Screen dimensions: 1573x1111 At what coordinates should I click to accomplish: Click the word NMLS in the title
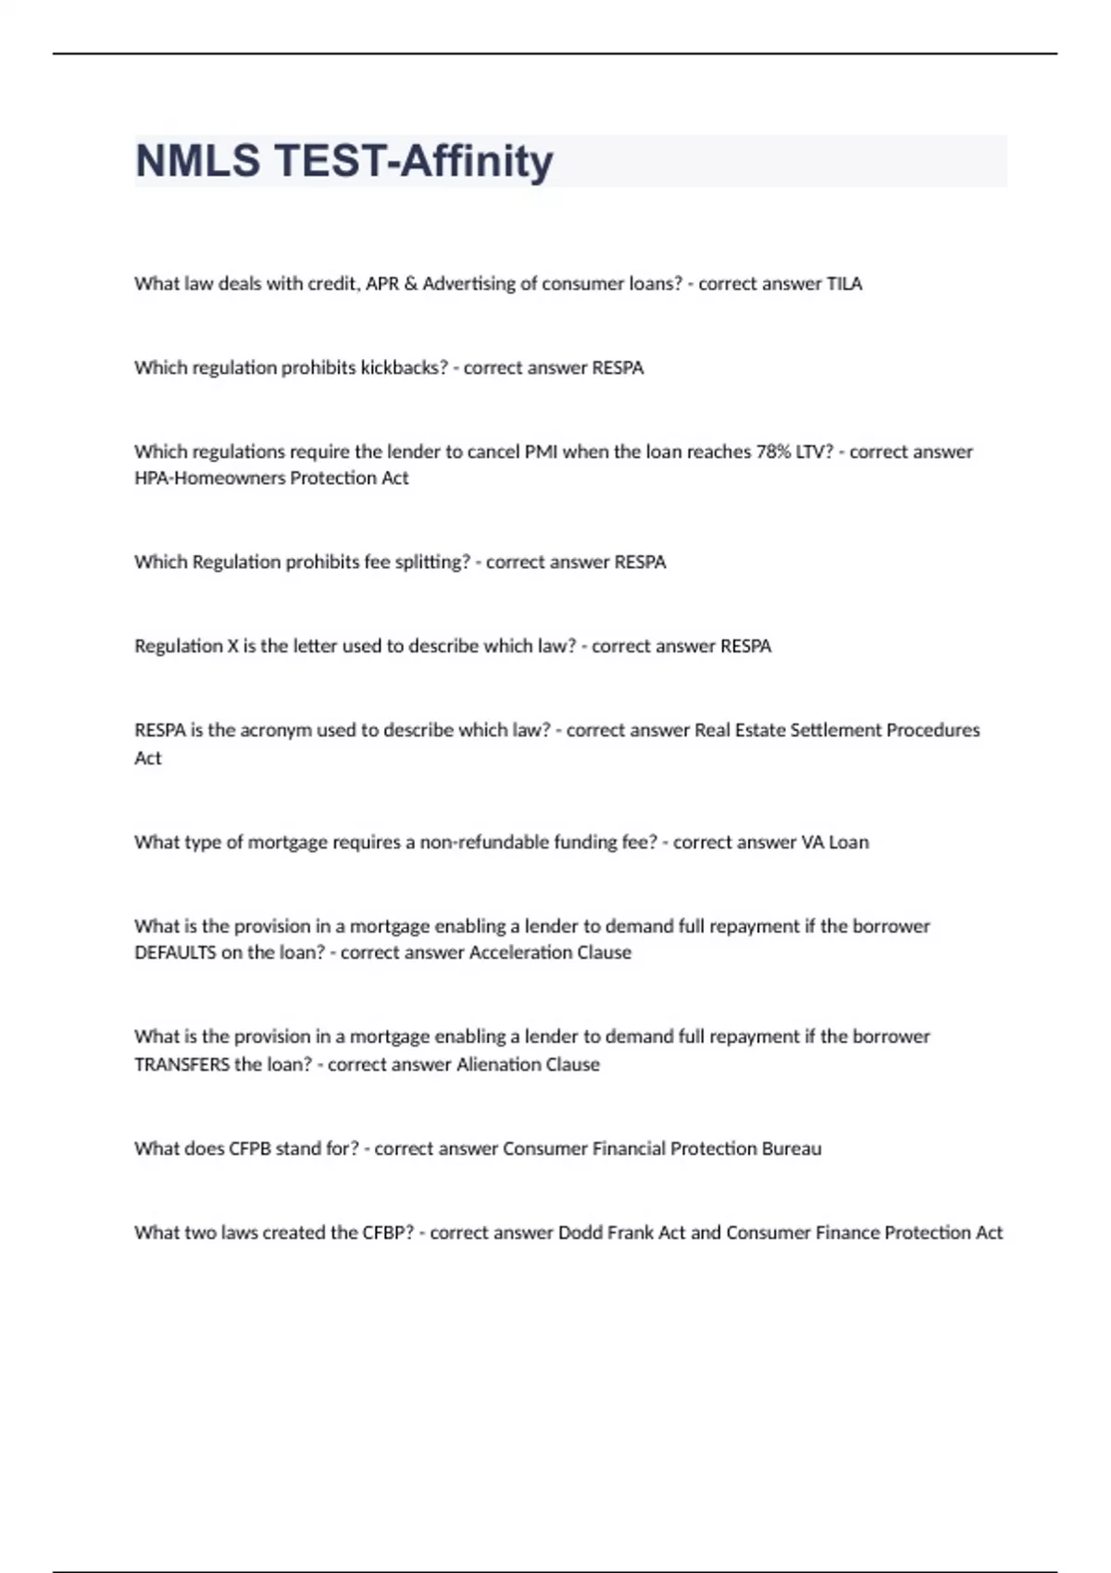pyautogui.click(x=197, y=161)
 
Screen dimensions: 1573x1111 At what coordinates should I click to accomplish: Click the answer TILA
pyautogui.click(x=843, y=284)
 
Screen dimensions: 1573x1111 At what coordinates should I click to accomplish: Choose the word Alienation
pyautogui.click(x=498, y=1065)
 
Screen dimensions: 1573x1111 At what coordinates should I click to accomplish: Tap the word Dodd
pyautogui.click(x=580, y=1232)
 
